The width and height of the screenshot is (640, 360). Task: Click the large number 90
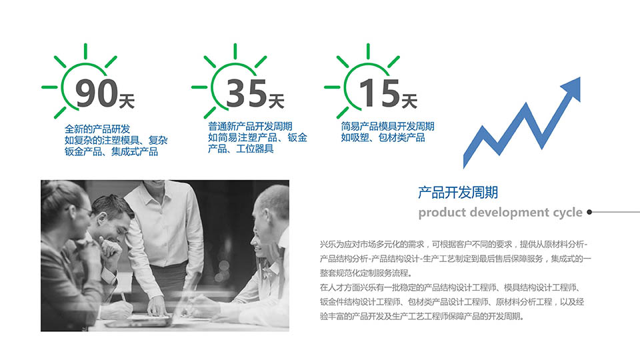click(x=96, y=93)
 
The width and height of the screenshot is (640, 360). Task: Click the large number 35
click(x=246, y=93)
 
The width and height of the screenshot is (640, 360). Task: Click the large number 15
click(x=379, y=93)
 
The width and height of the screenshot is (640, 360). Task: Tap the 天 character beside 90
click(x=127, y=101)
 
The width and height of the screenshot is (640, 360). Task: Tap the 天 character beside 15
click(x=409, y=101)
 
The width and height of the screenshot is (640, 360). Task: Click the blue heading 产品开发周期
click(x=457, y=192)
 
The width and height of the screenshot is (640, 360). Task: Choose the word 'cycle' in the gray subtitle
click(x=567, y=213)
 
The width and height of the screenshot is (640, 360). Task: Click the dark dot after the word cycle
click(x=589, y=212)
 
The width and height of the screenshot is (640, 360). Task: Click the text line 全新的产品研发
click(x=97, y=129)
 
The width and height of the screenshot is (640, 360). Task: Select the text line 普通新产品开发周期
click(x=250, y=127)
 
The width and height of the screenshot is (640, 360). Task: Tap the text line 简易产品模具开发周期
click(x=387, y=127)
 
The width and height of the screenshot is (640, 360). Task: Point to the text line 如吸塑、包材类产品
click(x=383, y=137)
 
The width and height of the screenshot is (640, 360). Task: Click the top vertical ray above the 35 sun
click(x=235, y=51)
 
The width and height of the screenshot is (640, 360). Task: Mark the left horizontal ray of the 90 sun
click(x=50, y=87)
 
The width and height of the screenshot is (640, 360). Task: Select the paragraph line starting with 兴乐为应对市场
click(x=453, y=245)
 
